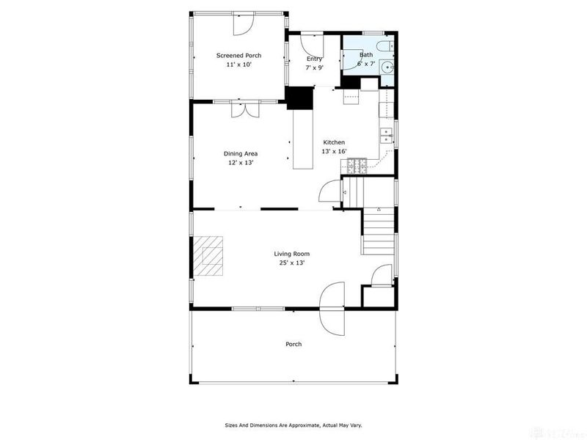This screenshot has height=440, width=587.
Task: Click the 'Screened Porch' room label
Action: coord(238,56)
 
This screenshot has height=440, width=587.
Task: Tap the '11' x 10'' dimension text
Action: coord(238,65)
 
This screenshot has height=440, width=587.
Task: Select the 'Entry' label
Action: coord(314,59)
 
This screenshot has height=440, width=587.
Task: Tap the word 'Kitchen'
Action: coord(334,142)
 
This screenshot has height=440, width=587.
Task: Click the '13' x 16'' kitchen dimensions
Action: coord(334,151)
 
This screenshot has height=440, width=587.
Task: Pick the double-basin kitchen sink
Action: coord(385,136)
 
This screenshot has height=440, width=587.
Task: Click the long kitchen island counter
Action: coord(303,139)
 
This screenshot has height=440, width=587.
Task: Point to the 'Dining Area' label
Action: coord(241,153)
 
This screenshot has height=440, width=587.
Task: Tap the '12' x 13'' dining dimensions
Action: coord(241,163)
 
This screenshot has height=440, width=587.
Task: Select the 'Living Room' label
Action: coord(291,254)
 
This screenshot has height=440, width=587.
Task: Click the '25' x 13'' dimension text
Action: coord(291,263)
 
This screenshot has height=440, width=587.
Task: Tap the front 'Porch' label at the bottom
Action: coord(293,344)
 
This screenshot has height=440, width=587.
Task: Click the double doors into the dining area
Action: coord(244,109)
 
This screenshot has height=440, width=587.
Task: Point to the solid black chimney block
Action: coord(299,98)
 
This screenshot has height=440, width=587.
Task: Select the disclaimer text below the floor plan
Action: coord(293,425)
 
